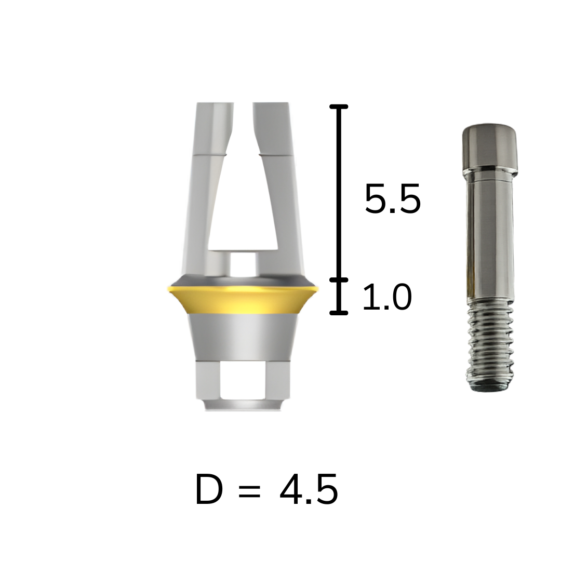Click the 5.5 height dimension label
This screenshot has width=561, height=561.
(393, 199)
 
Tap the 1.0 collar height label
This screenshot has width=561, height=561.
(387, 297)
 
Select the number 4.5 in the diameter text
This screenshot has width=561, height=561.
(309, 489)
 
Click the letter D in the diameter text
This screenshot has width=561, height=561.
(209, 489)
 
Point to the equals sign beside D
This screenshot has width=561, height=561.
(249, 491)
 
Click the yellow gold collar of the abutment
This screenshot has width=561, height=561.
(242, 300)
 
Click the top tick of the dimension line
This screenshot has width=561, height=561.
(339, 106)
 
